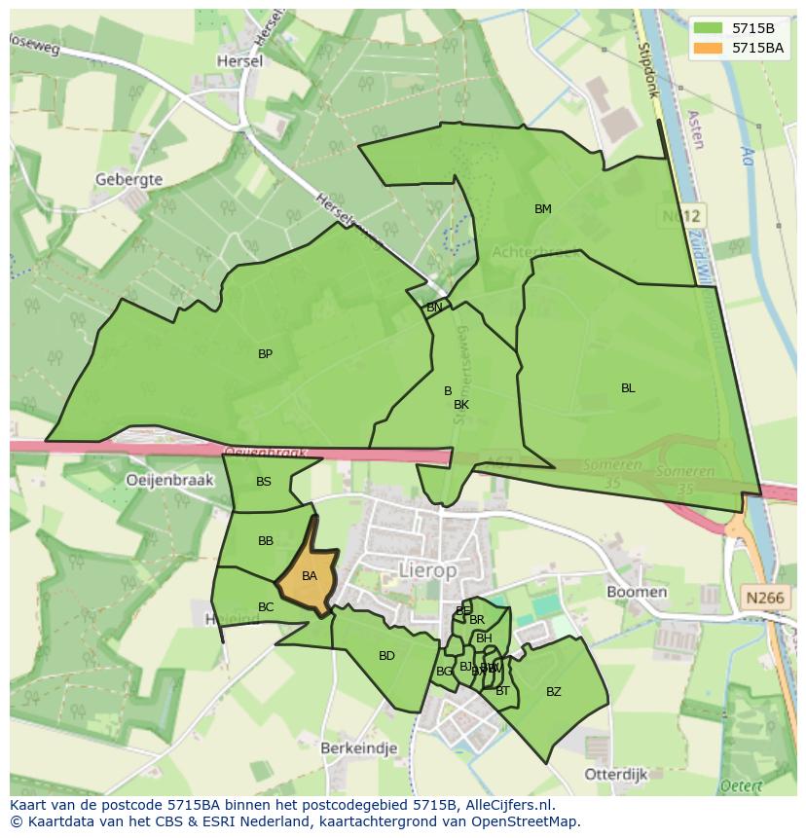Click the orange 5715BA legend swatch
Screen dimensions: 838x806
point(709,47)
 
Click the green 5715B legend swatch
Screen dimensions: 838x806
point(709,28)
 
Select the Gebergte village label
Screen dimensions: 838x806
point(128,179)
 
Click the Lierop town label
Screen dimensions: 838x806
point(427,571)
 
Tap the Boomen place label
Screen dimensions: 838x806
point(637,592)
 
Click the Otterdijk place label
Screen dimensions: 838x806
point(616,774)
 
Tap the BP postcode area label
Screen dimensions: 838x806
point(265,354)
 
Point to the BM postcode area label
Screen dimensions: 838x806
point(542,209)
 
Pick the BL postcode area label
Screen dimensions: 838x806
point(628,388)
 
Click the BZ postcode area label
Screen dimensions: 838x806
point(553,692)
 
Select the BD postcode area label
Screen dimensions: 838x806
point(386,656)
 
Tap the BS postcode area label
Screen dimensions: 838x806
point(264,482)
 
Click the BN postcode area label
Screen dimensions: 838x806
point(434,308)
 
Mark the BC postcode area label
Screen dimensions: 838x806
point(266,607)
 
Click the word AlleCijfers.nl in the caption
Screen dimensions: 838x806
point(508,806)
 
